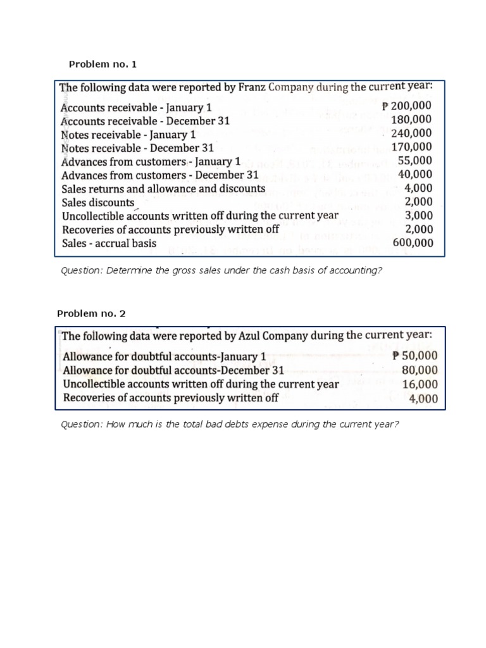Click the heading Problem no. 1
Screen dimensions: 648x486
pos(102,65)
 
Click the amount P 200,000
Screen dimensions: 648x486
pos(408,106)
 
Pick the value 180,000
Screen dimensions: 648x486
pos(412,120)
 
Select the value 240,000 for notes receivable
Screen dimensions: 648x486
pos(412,134)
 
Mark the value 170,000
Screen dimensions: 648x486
pos(412,147)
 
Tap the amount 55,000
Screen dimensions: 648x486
pos(415,161)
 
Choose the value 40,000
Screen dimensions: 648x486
pos(415,175)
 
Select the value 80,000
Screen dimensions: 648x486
pos(420,370)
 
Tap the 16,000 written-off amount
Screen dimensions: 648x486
pos(420,384)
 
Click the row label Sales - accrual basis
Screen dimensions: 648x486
pos(109,243)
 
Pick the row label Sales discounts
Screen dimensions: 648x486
pos(98,202)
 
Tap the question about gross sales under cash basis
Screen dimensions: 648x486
pos(221,271)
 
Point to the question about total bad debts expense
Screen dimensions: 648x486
pos(229,424)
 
